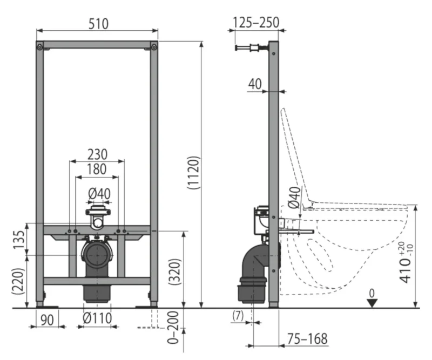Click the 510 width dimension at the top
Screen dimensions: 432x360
click(x=98, y=24)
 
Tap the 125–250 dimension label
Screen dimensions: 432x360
click(x=256, y=22)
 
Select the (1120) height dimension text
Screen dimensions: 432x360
click(x=193, y=173)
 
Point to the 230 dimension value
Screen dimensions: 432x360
click(x=97, y=154)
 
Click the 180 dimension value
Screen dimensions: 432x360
click(x=97, y=169)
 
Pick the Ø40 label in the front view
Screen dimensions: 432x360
click(x=99, y=194)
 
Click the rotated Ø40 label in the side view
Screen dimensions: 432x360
click(x=294, y=197)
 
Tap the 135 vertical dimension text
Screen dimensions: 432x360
click(x=19, y=240)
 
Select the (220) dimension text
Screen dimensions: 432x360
click(x=18, y=281)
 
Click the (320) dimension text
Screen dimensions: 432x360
click(x=174, y=272)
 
